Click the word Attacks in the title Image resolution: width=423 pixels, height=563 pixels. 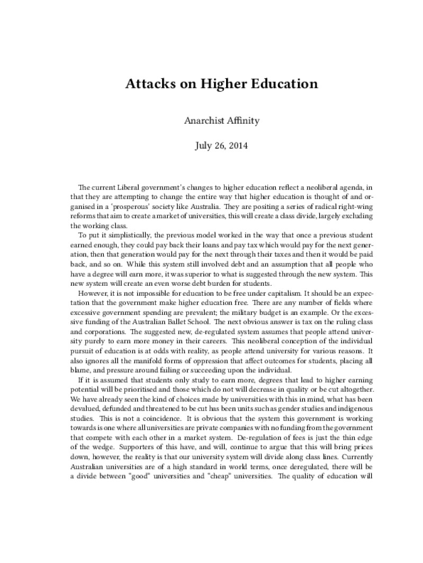tap(148, 84)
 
